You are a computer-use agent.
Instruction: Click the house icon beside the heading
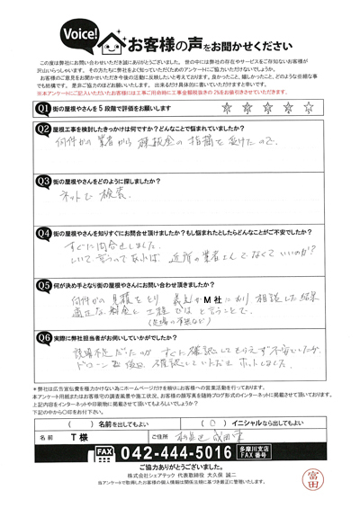coord(112,40)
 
